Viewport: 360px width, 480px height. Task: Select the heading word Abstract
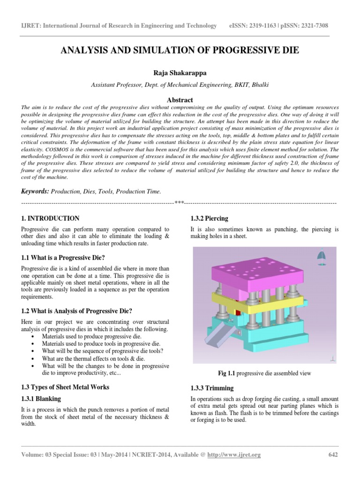pos(180,100)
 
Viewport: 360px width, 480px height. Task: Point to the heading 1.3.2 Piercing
pos(209,218)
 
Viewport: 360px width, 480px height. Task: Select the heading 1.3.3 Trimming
pos(211,389)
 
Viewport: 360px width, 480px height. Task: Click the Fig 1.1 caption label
pos(227,373)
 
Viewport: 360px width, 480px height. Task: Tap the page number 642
pos(332,455)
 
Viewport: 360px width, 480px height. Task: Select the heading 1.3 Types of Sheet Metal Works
pos(66,387)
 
